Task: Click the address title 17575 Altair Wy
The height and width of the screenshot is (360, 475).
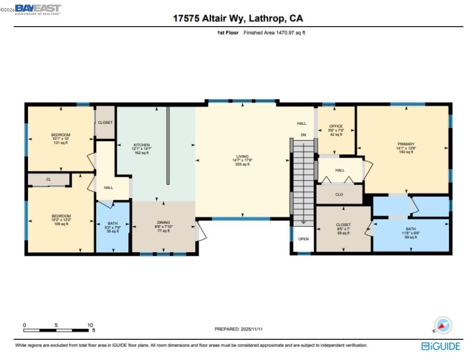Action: pos(237,18)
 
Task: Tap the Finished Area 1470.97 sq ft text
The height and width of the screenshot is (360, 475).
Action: pos(274,33)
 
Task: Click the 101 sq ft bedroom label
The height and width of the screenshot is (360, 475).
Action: pos(61,139)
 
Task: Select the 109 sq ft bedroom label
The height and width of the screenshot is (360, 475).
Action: pos(61,220)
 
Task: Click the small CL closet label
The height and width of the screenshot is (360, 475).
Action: pos(48,179)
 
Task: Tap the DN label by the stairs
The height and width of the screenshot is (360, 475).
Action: pos(303,135)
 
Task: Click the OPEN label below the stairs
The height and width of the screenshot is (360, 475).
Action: pos(304,239)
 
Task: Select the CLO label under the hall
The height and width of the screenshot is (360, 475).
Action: pos(339,194)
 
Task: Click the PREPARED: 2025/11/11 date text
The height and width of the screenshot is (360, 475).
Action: pos(238,329)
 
